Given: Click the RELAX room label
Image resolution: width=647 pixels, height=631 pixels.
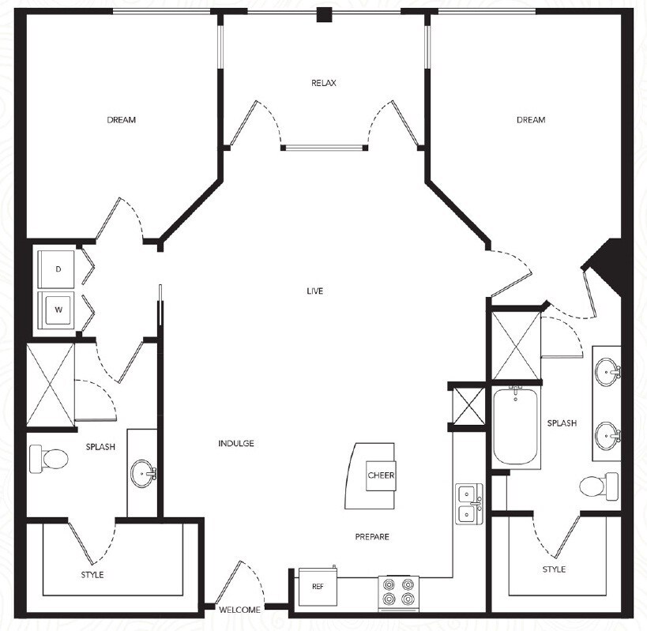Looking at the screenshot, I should [324, 83].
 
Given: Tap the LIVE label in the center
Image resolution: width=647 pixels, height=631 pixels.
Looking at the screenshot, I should [315, 291].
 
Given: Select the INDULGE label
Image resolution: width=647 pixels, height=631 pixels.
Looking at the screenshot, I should [236, 444].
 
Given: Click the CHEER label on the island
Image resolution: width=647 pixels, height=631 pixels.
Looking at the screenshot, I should [381, 475].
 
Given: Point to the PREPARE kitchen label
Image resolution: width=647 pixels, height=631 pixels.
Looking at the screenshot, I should [371, 537].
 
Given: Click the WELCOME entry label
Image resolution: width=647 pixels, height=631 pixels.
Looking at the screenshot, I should [240, 610].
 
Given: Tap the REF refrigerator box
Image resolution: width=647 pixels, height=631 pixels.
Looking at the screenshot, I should [317, 587].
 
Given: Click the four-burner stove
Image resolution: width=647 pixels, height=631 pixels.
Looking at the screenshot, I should [398, 593].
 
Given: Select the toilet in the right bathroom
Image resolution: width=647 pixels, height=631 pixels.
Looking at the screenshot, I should [598, 484].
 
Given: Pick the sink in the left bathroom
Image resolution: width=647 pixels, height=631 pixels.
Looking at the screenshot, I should [143, 475].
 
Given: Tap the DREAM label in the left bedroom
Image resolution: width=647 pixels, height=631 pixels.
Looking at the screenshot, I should [122, 120].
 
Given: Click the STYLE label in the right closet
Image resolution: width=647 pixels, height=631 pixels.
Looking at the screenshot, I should [554, 569].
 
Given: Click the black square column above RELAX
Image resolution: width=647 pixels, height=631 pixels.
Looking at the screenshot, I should [324, 15].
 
